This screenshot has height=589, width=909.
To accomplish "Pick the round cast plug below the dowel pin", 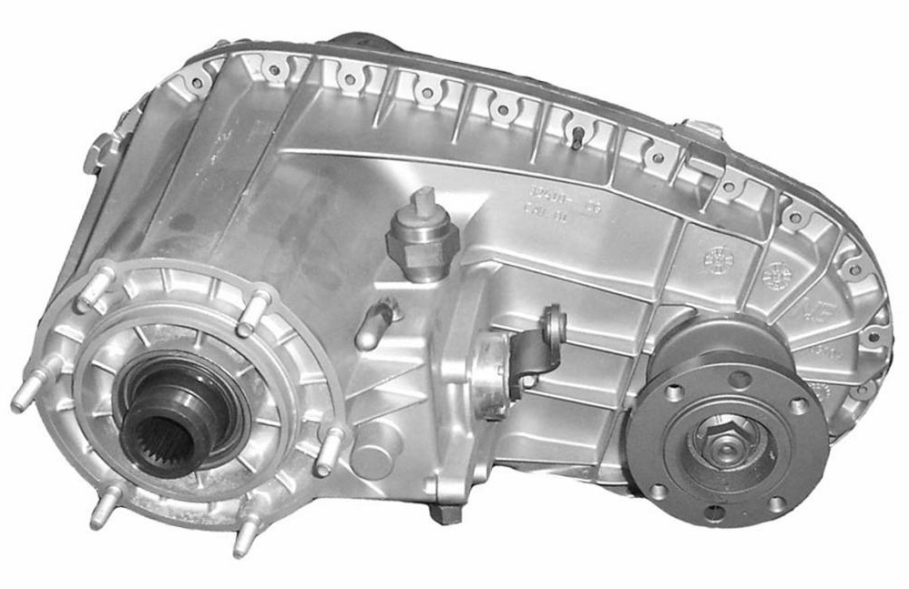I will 371,459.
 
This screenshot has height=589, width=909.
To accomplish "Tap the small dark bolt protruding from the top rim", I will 579,136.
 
